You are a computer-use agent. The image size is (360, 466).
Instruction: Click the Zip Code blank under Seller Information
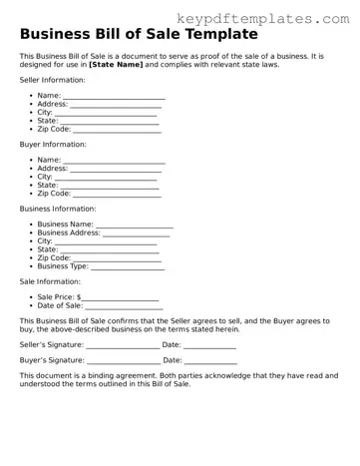pos(116,130)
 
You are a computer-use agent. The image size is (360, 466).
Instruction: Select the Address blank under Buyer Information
pos(116,169)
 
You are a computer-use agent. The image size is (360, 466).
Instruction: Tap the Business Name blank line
pos(134,225)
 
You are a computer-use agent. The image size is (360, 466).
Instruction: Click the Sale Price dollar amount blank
pos(120,297)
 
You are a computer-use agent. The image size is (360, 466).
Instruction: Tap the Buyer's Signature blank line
pos(123,360)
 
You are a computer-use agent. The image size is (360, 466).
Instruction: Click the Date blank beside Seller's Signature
pos(210,344)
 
